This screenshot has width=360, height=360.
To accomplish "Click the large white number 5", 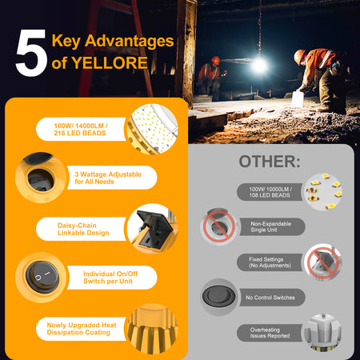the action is coord(31,53).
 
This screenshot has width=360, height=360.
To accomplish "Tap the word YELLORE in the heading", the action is coord(110,63).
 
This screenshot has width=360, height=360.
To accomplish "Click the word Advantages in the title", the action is coord(129,41).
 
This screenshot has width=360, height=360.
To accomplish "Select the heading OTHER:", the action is coord(270,162).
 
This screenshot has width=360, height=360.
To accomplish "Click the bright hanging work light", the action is coord(258,66).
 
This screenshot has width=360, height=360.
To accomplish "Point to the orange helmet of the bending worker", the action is coord(300,56).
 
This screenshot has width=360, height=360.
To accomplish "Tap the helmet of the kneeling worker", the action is coord(215,60).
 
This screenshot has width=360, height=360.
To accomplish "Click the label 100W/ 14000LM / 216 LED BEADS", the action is coord(81,130).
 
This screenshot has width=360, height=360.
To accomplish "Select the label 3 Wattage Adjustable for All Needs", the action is coord(108,178).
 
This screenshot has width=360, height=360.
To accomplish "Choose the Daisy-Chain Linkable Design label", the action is coord(83,229).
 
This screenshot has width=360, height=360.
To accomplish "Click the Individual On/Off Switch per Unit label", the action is coord(110,278).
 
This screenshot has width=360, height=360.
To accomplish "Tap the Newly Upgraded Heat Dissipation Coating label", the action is coord(82,329).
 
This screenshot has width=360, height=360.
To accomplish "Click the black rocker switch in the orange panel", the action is coord(42,277).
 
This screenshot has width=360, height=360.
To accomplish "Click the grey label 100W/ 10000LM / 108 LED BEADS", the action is coord(270,192).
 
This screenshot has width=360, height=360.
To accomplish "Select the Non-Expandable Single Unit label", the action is coord(270,226).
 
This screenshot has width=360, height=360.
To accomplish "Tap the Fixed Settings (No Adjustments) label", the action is coord(270,262).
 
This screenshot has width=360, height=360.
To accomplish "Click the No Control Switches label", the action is coord(270,298).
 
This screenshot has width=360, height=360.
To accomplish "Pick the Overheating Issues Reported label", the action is coord(270,333).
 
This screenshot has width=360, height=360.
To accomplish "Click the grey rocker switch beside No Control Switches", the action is coord(218,297).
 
